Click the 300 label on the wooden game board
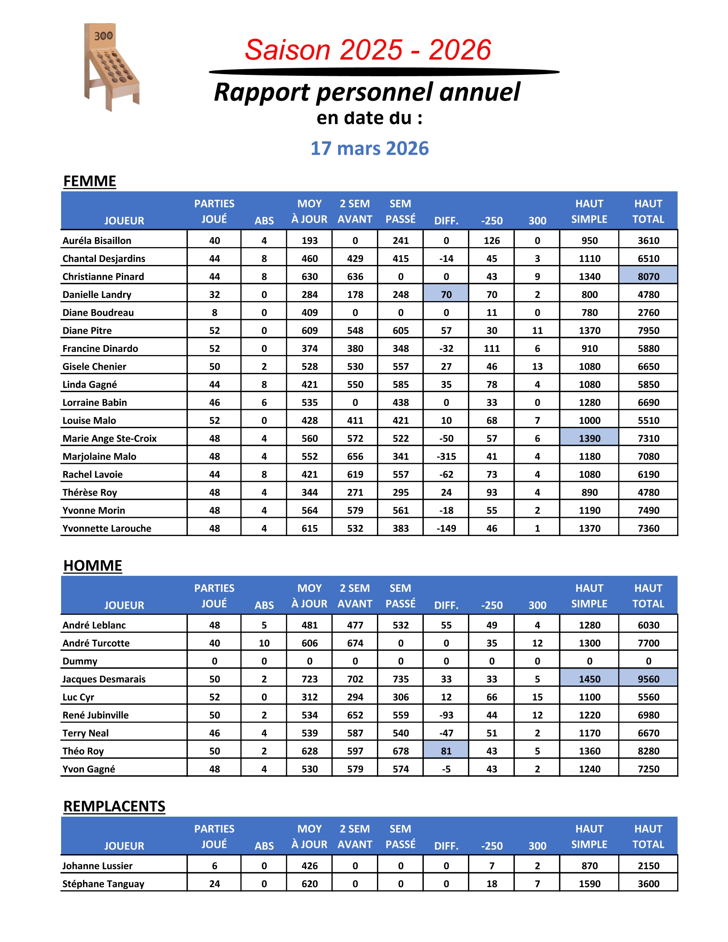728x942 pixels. [x=103, y=36]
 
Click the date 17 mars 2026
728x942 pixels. [x=369, y=149]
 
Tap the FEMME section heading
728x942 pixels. [x=90, y=182]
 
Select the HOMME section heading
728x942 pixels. [x=92, y=566]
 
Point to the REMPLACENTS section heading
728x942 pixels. [x=114, y=806]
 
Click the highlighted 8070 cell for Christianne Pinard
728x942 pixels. [x=648, y=277]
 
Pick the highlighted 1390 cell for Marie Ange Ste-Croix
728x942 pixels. [x=589, y=438]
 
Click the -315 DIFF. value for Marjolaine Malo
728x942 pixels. [x=446, y=456]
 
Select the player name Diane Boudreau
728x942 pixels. [x=98, y=313]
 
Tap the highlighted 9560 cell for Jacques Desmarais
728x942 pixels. [x=648, y=679]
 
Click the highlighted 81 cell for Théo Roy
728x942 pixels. [x=446, y=751]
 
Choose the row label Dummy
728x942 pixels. [x=80, y=661]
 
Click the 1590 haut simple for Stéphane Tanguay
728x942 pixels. [x=589, y=884]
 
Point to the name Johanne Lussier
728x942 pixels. [x=97, y=866]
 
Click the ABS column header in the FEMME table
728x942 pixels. [x=264, y=221]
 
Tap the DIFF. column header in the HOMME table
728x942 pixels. [x=446, y=605]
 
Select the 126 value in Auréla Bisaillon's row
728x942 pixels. [x=492, y=241]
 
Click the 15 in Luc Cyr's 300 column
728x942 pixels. [x=537, y=697]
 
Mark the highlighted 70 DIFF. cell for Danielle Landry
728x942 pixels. [x=446, y=294]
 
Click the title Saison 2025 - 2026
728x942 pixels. [x=368, y=50]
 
